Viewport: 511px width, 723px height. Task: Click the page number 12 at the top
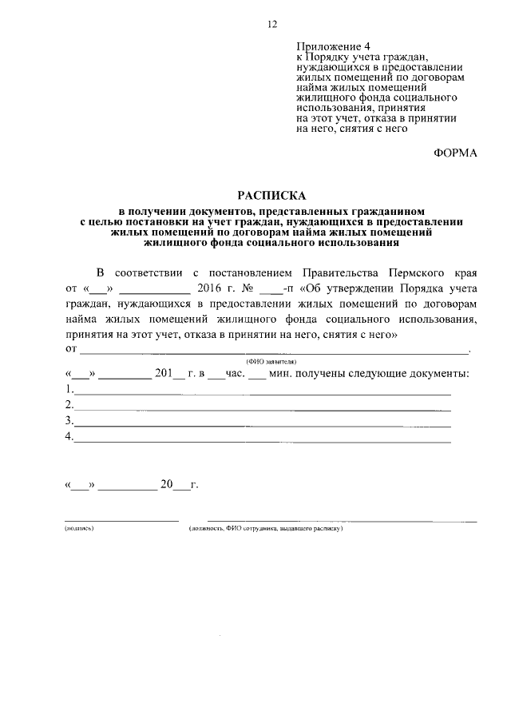point(271,24)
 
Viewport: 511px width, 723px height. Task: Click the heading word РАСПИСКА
point(271,194)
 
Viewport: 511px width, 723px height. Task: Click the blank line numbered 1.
point(263,393)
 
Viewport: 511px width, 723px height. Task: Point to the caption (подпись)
point(79,529)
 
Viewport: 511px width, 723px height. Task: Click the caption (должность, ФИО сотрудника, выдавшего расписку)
point(266,529)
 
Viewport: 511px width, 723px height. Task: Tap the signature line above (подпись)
point(121,519)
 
